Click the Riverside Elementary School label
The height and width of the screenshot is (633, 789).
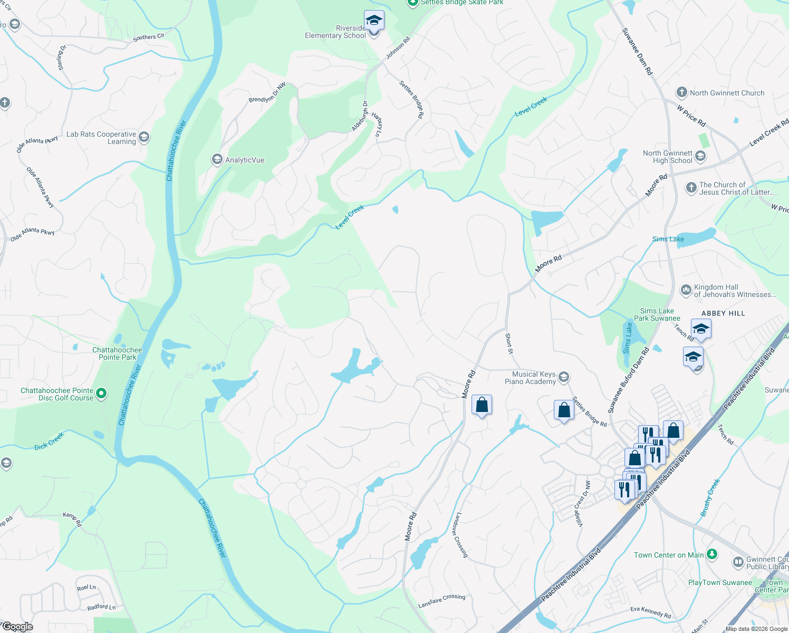click(x=335, y=32)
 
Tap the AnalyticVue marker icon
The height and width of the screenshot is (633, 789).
click(x=217, y=159)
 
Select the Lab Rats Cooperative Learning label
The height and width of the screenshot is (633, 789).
click(x=101, y=138)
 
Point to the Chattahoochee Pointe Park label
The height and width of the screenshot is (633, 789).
click(x=117, y=353)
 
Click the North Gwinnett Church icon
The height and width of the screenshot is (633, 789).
click(x=681, y=93)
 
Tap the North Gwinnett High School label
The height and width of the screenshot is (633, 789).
click(x=667, y=157)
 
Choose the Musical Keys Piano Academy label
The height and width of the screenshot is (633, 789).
click(x=530, y=378)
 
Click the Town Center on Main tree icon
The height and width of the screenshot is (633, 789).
click(x=712, y=554)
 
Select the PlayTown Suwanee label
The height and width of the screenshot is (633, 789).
click(x=720, y=582)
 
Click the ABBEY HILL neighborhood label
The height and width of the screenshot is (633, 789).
click(x=723, y=313)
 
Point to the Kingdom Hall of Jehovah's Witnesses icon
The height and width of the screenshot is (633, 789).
click(x=686, y=290)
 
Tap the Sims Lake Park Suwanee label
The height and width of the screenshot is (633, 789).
click(x=657, y=314)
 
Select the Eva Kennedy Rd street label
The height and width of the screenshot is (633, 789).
click(x=650, y=612)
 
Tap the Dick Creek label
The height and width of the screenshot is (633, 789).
click(x=49, y=441)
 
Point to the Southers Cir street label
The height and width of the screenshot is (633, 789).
click(x=148, y=37)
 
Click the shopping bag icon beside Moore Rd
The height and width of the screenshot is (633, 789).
click(x=482, y=405)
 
